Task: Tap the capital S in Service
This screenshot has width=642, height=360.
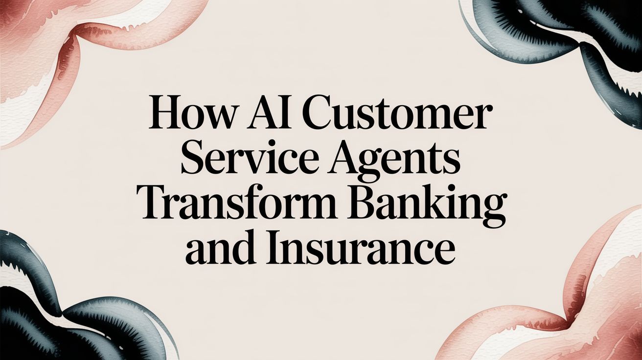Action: pyautogui.click(x=192, y=161)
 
